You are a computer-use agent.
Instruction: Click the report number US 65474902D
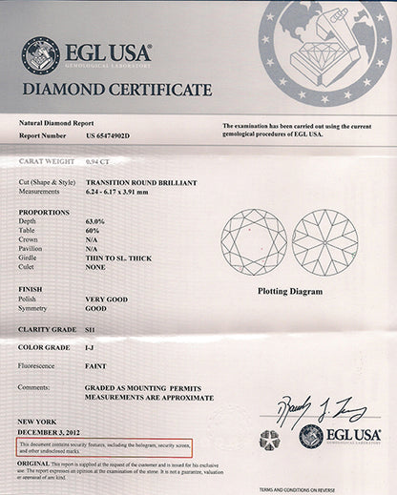click(108, 136)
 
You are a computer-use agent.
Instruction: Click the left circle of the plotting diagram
click(254, 239)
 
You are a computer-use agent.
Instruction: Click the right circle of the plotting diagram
click(324, 239)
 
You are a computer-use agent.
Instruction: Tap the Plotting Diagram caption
click(290, 291)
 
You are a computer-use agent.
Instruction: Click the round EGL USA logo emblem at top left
click(40, 54)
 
